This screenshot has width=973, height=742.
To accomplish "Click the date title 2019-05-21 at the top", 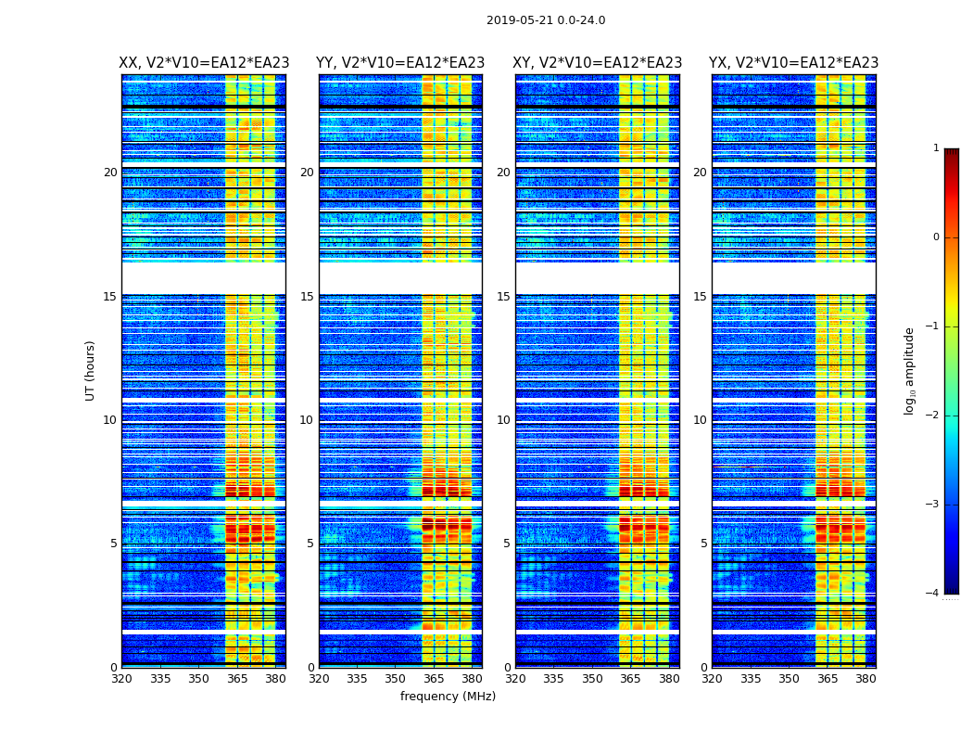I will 545,20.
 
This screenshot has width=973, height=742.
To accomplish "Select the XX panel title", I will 204,63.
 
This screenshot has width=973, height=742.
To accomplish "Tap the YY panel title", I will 400,63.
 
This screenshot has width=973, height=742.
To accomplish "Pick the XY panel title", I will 598,63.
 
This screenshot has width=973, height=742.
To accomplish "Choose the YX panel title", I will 793,63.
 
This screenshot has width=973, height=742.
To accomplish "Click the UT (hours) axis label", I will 91,370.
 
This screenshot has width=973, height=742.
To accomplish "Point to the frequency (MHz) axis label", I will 448,697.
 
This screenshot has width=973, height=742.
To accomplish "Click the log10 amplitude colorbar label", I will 910,370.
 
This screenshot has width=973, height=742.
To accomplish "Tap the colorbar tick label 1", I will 936,148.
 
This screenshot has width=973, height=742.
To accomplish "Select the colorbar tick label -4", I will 933,594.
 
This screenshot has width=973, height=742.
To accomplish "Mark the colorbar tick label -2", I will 933,416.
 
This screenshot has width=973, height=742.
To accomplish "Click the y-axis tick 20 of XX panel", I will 110,173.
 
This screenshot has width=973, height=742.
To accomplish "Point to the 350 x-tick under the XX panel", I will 198,679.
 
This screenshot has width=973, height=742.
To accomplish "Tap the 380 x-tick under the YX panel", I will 866,679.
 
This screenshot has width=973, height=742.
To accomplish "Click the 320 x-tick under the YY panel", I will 319,679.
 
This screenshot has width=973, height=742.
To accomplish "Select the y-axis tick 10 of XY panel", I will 503,420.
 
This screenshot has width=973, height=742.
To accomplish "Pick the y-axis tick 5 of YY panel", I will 310,544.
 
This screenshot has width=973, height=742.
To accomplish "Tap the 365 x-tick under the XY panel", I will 631,679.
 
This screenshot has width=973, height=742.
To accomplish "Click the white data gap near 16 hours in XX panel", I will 204,278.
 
